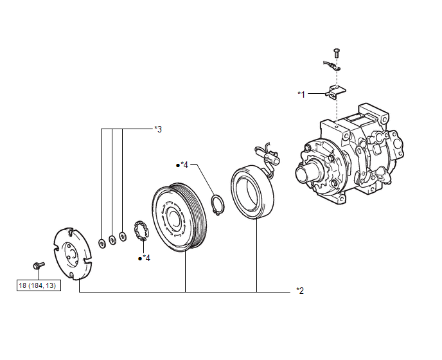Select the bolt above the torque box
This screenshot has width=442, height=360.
[39, 265]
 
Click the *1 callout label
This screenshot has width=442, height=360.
[301, 94]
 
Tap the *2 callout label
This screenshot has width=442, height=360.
[300, 291]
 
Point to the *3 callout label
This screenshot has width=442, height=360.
[158, 129]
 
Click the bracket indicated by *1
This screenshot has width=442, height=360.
[336, 93]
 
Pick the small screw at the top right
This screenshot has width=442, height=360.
[337, 53]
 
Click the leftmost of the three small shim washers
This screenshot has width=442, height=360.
[102, 243]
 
